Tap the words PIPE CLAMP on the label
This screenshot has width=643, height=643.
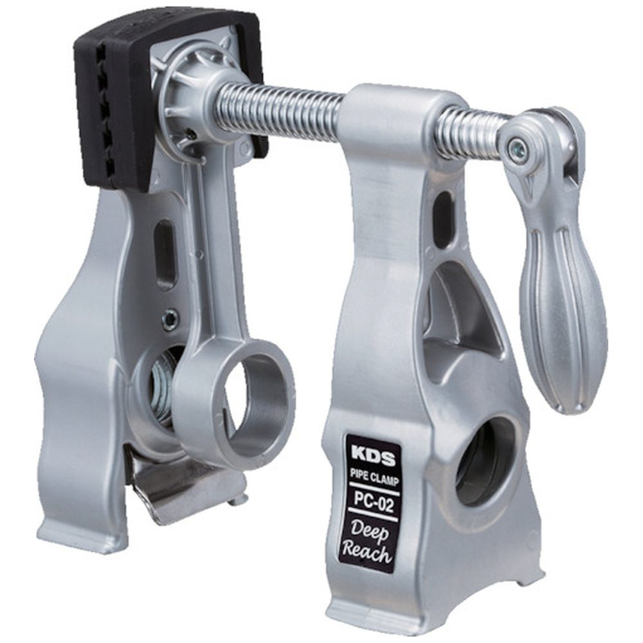pyautogui.click(x=374, y=477)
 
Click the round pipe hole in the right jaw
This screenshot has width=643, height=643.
pyautogui.click(x=484, y=461)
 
